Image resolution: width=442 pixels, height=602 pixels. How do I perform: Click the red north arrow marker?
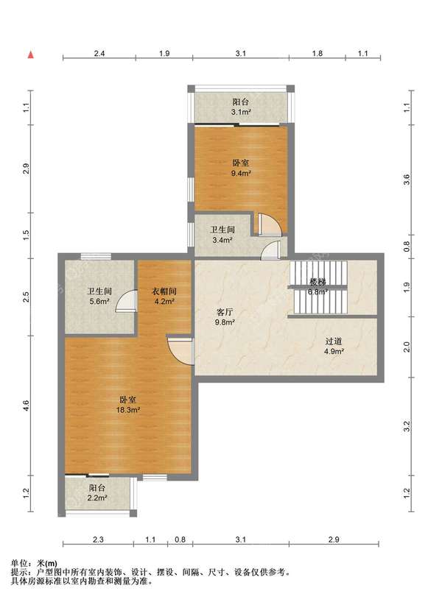(x=31, y=54)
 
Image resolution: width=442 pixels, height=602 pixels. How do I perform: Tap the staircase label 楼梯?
(x=318, y=282)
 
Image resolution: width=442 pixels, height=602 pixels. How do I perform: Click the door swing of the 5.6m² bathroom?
(x=127, y=300)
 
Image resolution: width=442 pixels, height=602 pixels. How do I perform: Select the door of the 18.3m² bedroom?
(x=180, y=351)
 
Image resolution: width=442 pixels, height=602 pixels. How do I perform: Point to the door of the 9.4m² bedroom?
(x=270, y=224)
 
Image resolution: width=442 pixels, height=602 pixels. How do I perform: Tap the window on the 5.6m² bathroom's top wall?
(x=96, y=256)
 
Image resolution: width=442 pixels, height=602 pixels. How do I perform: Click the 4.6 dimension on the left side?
(x=26, y=405)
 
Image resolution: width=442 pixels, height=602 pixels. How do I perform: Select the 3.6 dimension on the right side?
(x=407, y=180)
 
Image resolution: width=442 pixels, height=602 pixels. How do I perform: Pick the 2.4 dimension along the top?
(x=99, y=54)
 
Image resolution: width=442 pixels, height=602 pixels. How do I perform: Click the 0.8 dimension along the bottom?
(x=180, y=539)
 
